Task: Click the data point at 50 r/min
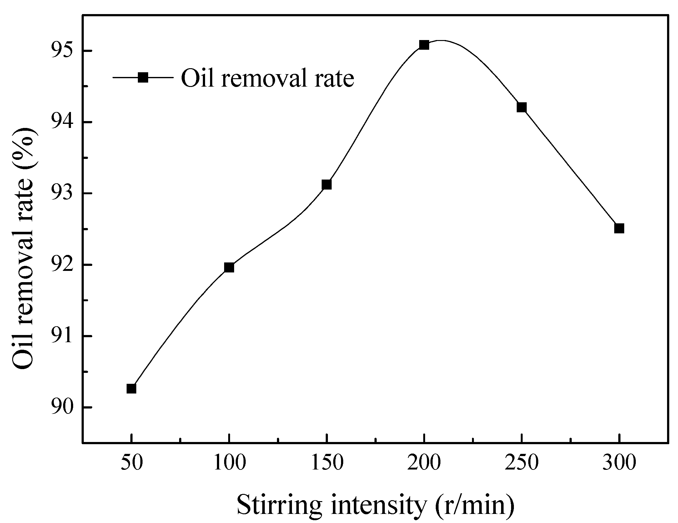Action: pos(131,388)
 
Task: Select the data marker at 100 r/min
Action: pos(229,267)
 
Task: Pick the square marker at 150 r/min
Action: pos(326,185)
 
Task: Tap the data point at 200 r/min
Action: pos(424,45)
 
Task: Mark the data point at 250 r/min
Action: pos(521,108)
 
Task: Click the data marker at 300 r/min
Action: pos(619,228)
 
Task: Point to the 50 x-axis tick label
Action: pos(132,462)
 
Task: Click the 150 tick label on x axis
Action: pos(327,462)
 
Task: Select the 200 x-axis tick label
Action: pos(424,462)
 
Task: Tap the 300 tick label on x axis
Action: pos(619,462)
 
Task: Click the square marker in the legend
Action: pos(143,77)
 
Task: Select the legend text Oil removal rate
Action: pos(268,78)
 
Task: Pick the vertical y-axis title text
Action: pos(23,249)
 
